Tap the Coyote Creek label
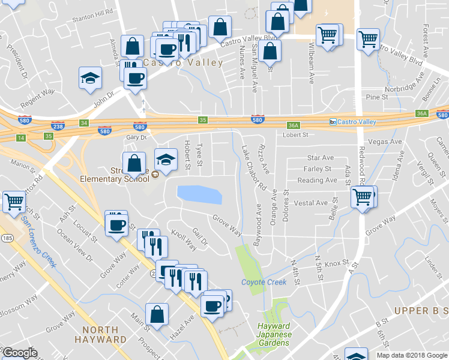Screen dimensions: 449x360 264,282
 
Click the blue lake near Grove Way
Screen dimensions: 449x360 199,194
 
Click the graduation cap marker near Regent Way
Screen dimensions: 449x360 90,79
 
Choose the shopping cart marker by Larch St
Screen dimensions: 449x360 13,202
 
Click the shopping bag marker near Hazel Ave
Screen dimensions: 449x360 157,314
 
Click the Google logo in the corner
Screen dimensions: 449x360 20,353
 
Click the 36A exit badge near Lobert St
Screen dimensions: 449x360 293,125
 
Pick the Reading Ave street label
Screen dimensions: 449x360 317,180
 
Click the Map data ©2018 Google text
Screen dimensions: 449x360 411,355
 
